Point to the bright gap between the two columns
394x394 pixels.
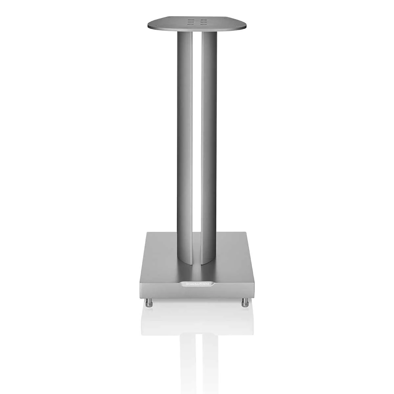[197, 131]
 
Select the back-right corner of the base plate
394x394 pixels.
[247, 233]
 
